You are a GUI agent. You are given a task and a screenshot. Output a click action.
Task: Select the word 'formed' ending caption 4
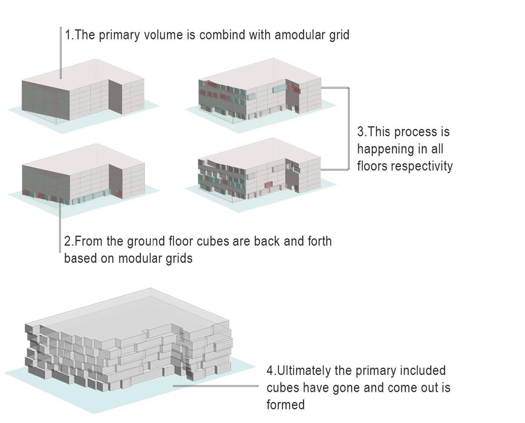[286, 405]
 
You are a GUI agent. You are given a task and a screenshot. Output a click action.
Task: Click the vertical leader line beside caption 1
[61, 51]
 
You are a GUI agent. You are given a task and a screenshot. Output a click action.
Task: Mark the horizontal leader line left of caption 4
[215, 386]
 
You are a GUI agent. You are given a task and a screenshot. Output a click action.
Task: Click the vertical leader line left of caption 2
[60, 225]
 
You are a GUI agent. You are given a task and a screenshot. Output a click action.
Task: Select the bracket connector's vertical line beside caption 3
[349, 128]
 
